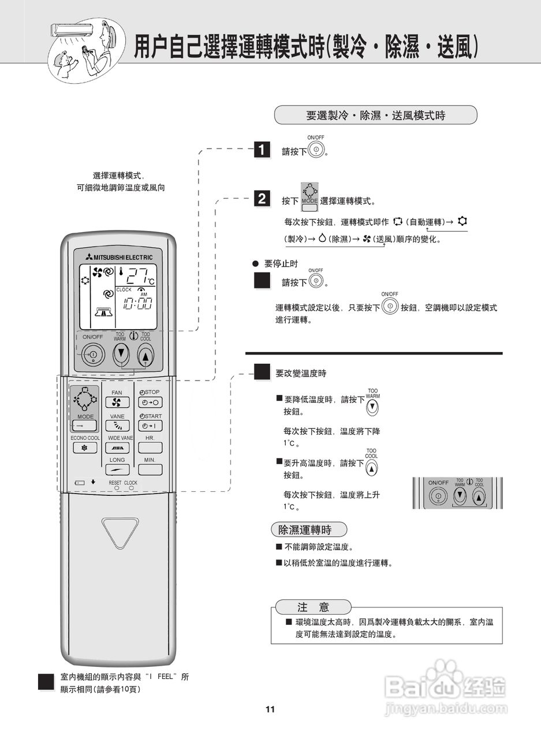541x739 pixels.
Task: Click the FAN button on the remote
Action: tap(117, 402)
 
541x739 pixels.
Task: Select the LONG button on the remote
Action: tap(117, 469)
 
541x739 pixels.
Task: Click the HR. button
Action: tap(150, 447)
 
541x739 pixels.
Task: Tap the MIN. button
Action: tap(150, 469)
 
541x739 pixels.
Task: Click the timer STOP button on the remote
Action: tap(150, 402)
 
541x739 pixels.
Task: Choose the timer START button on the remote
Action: tap(150, 426)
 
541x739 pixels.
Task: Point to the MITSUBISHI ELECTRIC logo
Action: tap(118, 257)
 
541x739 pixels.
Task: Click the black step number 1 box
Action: tap(262, 150)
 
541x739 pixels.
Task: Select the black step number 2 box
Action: tap(262, 200)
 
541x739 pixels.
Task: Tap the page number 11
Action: tap(270, 710)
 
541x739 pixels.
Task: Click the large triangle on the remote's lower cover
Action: tap(120, 532)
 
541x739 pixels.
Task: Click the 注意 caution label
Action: tap(313, 607)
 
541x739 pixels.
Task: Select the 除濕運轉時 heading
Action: tap(309, 529)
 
